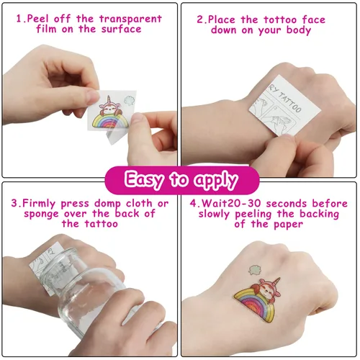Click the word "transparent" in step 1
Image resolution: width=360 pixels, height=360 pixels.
coord(130,19)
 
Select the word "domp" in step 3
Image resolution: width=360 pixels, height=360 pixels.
coord(107,204)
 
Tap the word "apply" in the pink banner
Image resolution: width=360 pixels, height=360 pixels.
coord(216,180)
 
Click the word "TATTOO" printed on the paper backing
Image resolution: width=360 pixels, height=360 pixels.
coord(289,103)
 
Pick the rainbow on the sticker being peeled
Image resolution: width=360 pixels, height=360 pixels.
coord(110,121)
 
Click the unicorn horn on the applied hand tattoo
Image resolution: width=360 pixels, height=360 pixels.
coord(276,280)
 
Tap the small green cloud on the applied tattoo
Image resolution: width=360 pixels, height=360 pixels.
coord(254,270)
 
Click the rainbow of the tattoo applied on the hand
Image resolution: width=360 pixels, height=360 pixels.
coord(254,305)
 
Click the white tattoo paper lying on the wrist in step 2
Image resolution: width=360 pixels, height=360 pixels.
coord(284,106)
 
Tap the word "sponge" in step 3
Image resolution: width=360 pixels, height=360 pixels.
coord(41,214)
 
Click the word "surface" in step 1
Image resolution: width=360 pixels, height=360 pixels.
coord(121,30)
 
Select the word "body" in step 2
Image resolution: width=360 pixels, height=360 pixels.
coord(299,30)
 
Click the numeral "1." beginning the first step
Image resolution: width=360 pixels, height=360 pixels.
coord(21,19)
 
